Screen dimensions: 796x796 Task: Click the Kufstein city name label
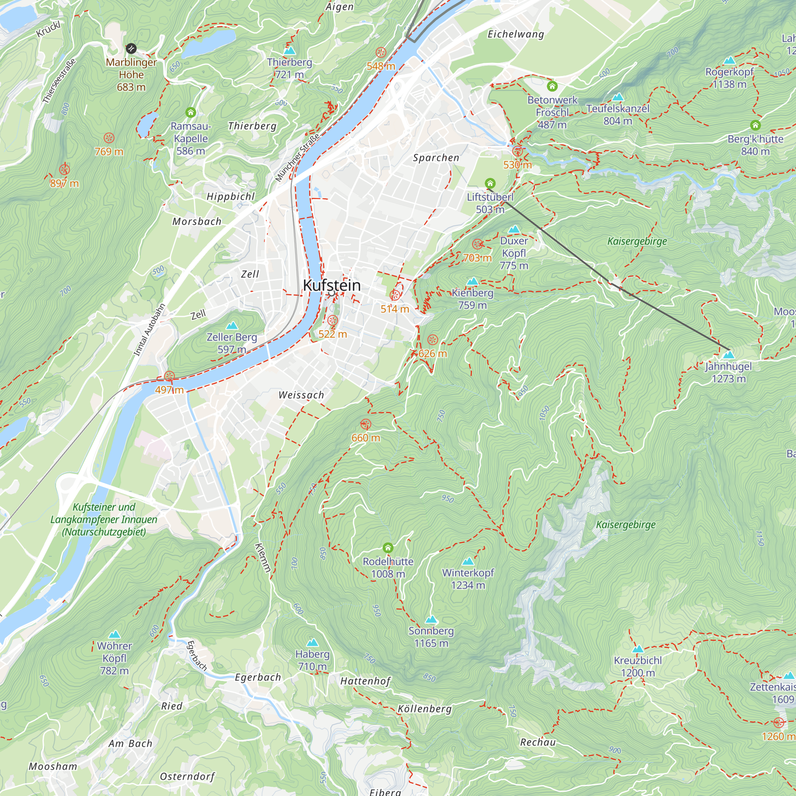pos(332,285)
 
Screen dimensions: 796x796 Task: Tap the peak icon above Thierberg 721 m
pos(290,51)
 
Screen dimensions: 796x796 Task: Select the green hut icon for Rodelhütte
pos(388,548)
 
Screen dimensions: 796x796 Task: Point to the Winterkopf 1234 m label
pos(468,578)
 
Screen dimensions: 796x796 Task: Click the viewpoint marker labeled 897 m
pos(64,169)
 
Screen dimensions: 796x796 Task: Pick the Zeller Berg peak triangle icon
pos(232,326)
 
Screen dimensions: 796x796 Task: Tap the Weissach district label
pos(301,395)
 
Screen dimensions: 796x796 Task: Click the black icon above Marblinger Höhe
pos(131,49)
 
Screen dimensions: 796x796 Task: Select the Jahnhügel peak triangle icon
pos(728,354)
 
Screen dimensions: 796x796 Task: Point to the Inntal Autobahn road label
pos(150,330)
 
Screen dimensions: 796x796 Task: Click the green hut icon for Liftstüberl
pos(490,183)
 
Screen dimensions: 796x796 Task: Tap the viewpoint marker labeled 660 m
pos(365,424)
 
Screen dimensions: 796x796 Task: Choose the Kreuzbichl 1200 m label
pos(638,666)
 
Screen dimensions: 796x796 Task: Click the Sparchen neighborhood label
pos(436,158)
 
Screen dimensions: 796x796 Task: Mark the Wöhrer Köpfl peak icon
pos(115,634)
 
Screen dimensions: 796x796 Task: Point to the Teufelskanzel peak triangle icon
pos(618,97)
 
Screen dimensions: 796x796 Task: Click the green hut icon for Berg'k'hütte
pos(755,125)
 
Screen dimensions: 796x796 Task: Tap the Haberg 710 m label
pos(312,660)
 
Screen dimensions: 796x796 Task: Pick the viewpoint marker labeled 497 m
pos(169,376)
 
